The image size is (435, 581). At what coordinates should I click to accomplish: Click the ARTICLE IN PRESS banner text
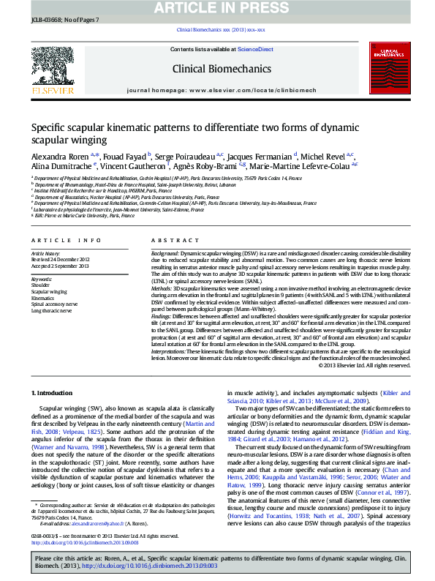(217, 7)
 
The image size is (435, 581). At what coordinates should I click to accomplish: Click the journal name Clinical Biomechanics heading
(221, 69)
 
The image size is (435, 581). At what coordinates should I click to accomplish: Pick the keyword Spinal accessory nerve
(53, 303)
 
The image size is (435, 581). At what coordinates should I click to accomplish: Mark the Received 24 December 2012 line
(59, 259)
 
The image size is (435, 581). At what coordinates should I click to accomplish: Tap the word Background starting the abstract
(165, 250)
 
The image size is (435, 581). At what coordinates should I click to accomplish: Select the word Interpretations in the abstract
(170, 350)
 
